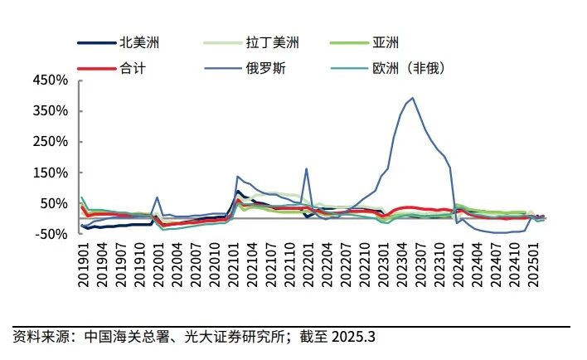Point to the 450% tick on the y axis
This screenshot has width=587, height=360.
click(50, 80)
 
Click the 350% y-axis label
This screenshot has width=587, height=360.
click(50, 111)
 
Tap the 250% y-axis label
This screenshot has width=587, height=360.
click(50, 142)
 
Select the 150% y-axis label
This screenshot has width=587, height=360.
click(50, 173)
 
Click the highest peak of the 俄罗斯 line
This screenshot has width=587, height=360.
click(412, 98)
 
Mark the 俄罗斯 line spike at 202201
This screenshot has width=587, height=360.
click(306, 168)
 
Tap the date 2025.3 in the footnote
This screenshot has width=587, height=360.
click(354, 337)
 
